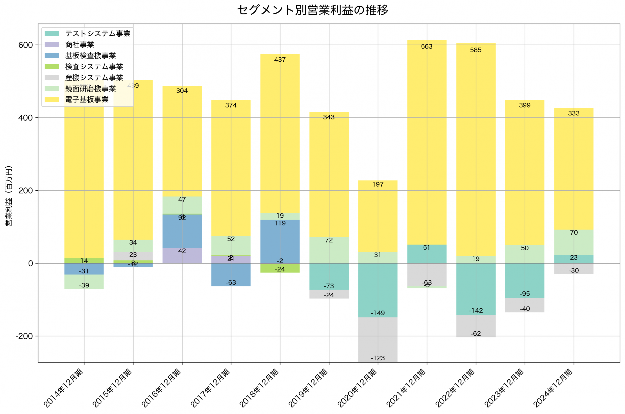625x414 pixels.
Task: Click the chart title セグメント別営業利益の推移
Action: [x=312, y=10]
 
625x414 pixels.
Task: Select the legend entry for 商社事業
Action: [x=79, y=45]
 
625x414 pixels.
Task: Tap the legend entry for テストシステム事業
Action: [x=98, y=33]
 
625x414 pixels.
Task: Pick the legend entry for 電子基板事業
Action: [x=87, y=100]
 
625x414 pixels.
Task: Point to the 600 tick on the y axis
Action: [x=26, y=45]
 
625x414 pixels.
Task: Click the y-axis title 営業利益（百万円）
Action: [x=9, y=196]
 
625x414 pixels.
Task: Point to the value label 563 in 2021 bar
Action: [x=427, y=46]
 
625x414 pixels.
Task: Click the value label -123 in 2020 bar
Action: [x=378, y=358]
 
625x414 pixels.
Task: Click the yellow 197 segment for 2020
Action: [x=378, y=216]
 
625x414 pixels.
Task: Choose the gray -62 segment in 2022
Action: [x=476, y=326]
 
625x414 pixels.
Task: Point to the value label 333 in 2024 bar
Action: [x=573, y=113]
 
